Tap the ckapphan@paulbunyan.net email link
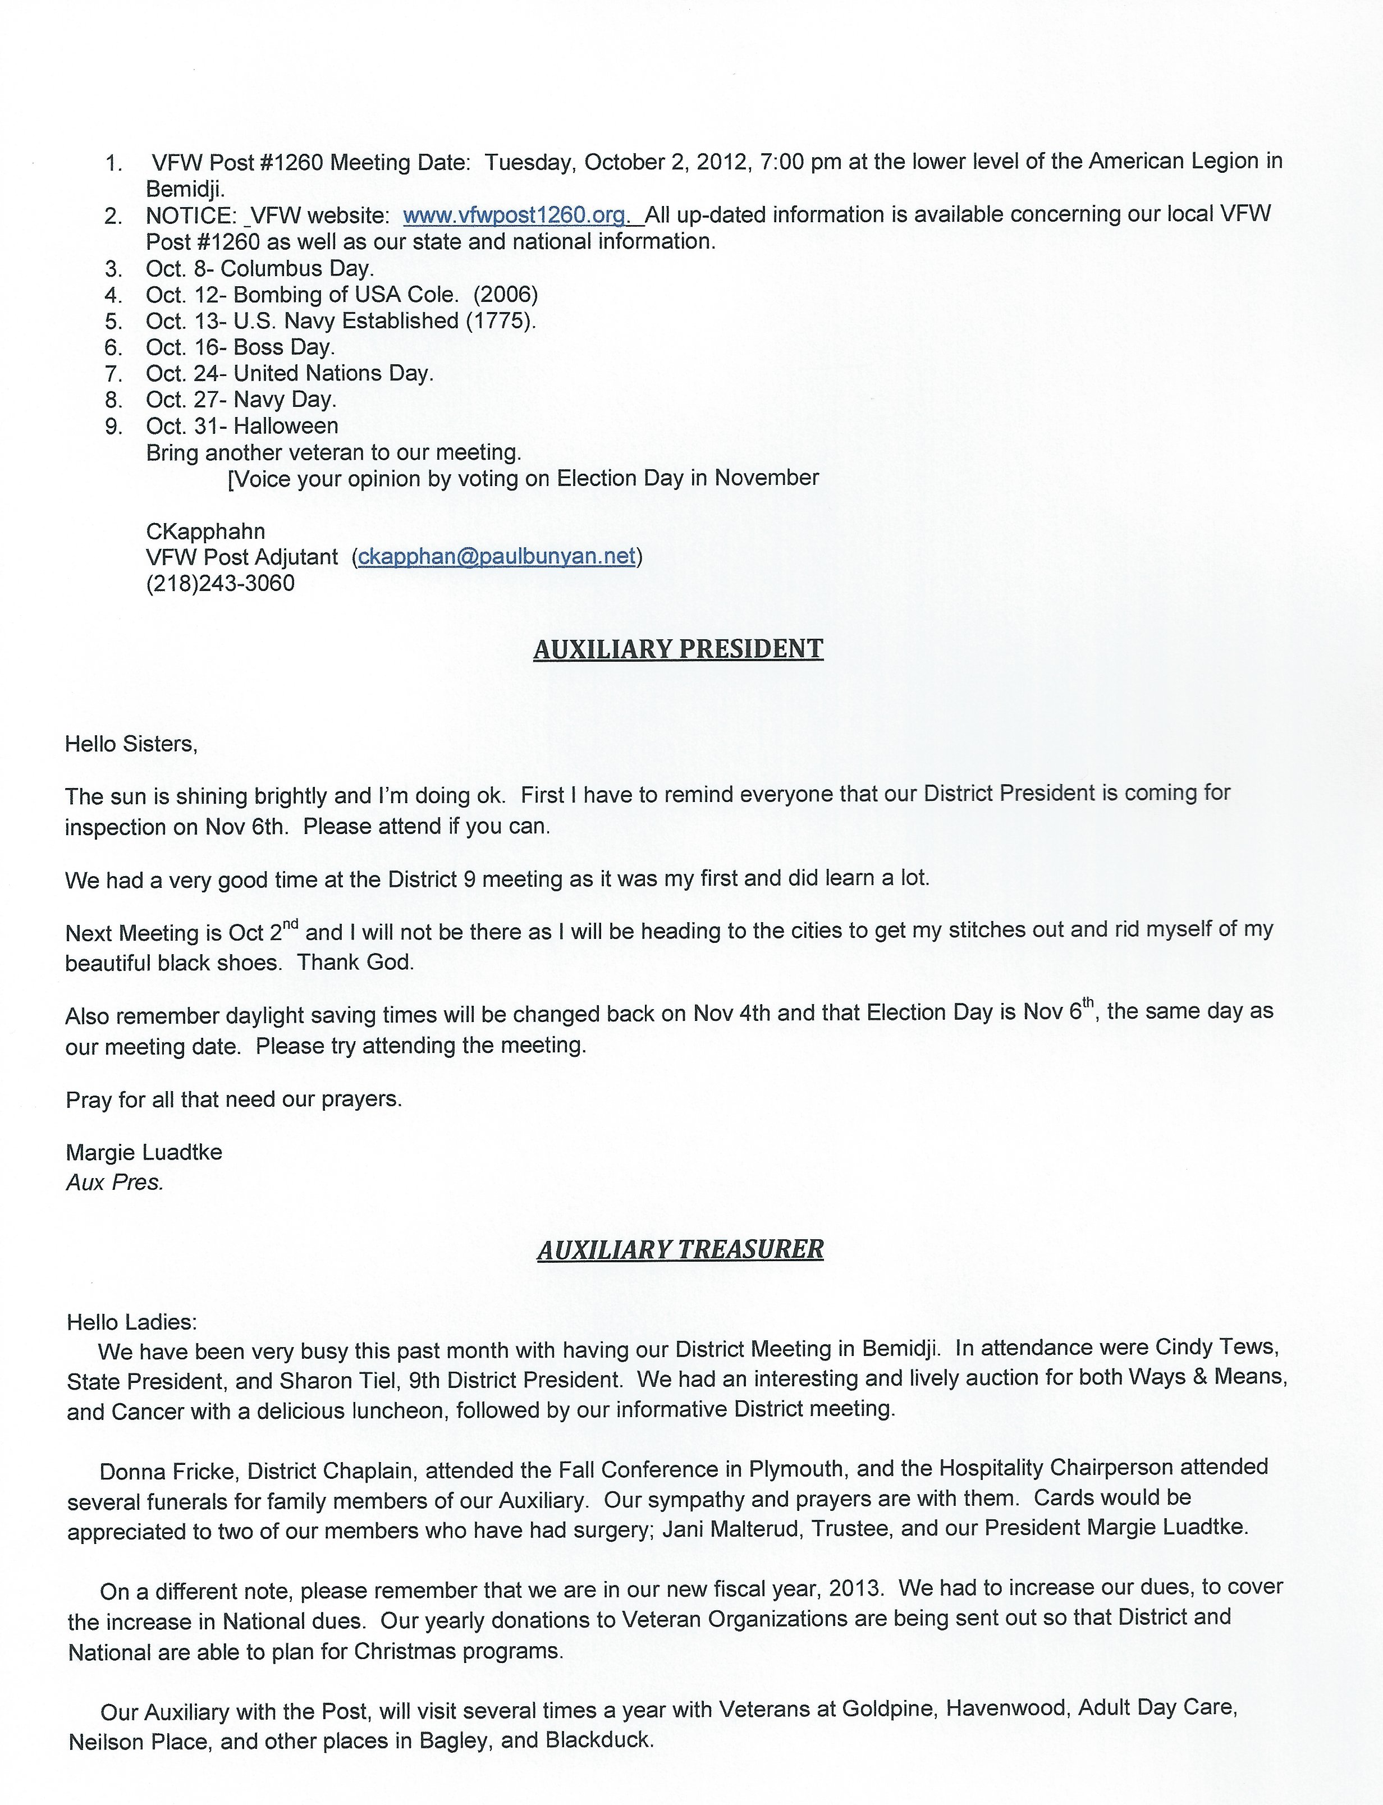tap(496, 557)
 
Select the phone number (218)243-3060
tap(220, 584)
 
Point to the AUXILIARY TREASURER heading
tap(680, 1249)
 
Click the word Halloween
tap(286, 427)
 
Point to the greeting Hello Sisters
tap(131, 744)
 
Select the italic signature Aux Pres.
tap(115, 1183)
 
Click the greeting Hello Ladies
tap(132, 1323)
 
